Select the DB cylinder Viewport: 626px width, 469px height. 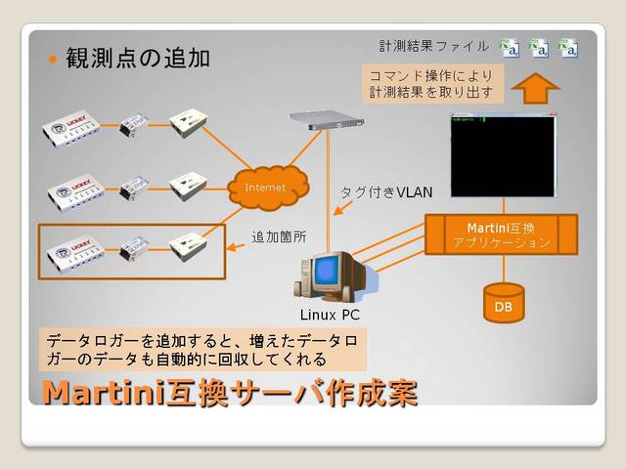click(504, 303)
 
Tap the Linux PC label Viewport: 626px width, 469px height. click(332, 315)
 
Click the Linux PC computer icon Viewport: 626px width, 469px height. click(331, 275)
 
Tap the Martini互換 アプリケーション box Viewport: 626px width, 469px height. click(502, 234)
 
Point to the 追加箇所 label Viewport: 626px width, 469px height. click(279, 235)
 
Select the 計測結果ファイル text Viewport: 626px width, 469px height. click(434, 46)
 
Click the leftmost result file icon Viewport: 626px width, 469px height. click(509, 46)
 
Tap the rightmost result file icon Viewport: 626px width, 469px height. click(567, 46)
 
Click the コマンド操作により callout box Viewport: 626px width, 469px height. click(430, 84)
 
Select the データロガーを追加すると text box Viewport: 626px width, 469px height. click(202, 349)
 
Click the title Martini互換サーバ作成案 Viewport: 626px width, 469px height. click(229, 393)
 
